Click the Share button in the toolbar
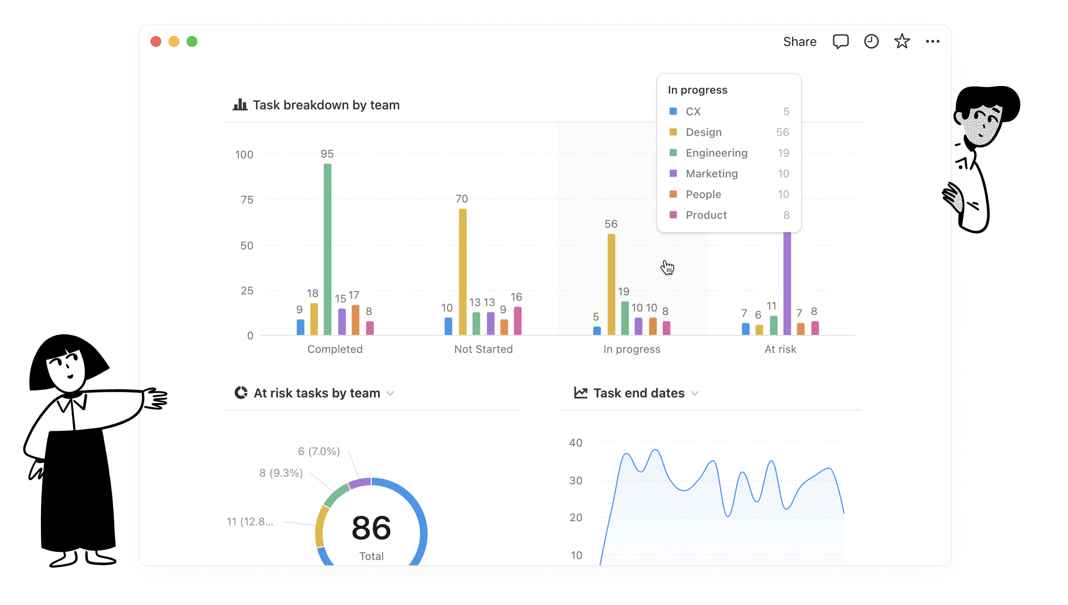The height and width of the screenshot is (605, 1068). [x=799, y=42]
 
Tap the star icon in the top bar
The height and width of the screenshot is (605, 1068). [x=902, y=41]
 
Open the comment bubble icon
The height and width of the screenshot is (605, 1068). [x=840, y=42]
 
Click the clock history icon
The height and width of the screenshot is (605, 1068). [x=871, y=41]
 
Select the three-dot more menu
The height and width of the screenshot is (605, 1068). [x=932, y=41]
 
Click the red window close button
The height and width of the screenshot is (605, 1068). [x=156, y=41]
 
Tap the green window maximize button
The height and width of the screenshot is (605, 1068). [x=192, y=41]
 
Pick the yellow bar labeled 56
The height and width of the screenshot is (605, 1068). [x=611, y=284]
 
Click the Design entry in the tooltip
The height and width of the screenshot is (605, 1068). [x=703, y=132]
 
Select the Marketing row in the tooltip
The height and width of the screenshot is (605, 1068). [x=712, y=174]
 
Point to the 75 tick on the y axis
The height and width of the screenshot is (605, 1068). [x=247, y=200]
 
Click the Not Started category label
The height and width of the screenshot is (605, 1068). [x=484, y=349]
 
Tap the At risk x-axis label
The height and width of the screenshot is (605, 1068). [x=780, y=349]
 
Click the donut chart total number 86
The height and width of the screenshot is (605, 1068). [x=371, y=528]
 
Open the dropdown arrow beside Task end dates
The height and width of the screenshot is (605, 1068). [x=695, y=393]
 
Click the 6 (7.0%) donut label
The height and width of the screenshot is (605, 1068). [x=319, y=451]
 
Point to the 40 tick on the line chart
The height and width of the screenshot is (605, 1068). [x=575, y=443]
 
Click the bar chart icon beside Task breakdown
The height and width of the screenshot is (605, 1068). [x=240, y=105]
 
